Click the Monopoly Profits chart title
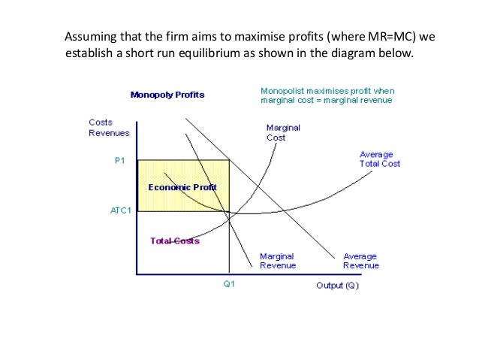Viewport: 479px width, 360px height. tap(167, 95)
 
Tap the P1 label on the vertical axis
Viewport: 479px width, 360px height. tap(120, 161)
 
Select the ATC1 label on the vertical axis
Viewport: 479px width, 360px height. tap(121, 210)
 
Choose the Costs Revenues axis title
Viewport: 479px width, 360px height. tap(109, 128)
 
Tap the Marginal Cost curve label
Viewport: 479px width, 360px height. tap(283, 132)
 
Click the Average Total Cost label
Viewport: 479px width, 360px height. tap(379, 159)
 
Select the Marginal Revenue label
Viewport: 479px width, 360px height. tap(278, 260)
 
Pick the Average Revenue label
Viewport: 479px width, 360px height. tap(361, 260)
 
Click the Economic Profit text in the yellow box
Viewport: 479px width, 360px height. tap(182, 186)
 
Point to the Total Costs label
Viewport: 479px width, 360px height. tap(175, 241)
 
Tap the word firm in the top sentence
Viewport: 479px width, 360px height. tap(172, 36)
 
